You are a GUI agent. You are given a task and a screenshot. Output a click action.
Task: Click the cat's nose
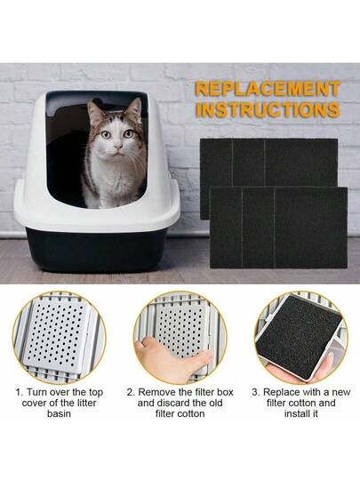coord(118,147)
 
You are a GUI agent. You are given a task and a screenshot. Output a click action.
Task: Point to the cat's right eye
coord(106,134)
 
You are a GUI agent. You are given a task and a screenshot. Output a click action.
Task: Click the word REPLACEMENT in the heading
coord(268,89)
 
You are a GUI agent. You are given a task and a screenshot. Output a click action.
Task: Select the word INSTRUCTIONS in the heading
coord(268,109)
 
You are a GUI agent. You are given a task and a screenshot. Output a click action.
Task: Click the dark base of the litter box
coord(96,250)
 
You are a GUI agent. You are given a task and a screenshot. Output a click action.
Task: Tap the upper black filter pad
coord(268,163)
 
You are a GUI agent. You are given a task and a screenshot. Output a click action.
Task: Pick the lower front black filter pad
coord(278,228)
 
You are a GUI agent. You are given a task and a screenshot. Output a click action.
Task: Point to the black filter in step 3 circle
coord(299,333)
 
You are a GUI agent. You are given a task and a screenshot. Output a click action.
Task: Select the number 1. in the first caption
coord(20,392)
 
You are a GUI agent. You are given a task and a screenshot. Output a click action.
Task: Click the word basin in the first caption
coord(59,413)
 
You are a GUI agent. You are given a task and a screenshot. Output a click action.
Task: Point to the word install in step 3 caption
coord(296,413)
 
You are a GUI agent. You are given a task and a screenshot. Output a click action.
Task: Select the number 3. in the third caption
coord(256,392)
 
